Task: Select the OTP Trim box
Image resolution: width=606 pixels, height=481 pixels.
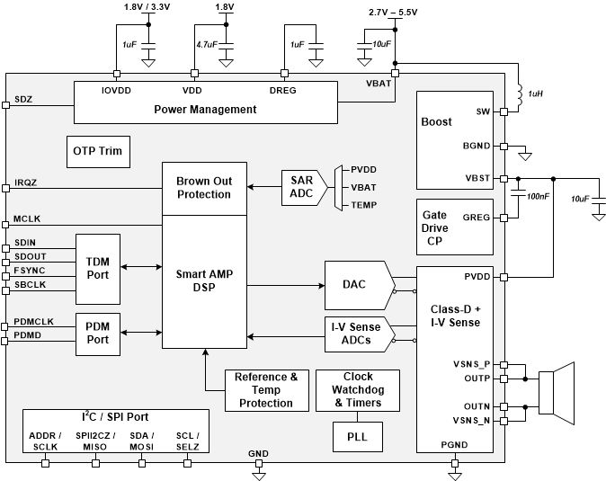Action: [x=97, y=151]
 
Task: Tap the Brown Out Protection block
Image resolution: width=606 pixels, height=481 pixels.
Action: [x=203, y=188]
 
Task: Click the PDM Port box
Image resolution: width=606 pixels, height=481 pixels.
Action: [x=97, y=334]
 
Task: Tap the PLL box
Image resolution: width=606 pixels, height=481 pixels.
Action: [x=357, y=438]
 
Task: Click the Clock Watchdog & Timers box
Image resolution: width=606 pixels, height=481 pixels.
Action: [x=357, y=390]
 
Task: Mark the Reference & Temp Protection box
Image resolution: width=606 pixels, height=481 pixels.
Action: [x=265, y=390]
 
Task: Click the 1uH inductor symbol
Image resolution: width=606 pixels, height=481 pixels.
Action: [x=520, y=94]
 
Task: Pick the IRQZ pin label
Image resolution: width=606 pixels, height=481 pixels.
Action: [x=25, y=183]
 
